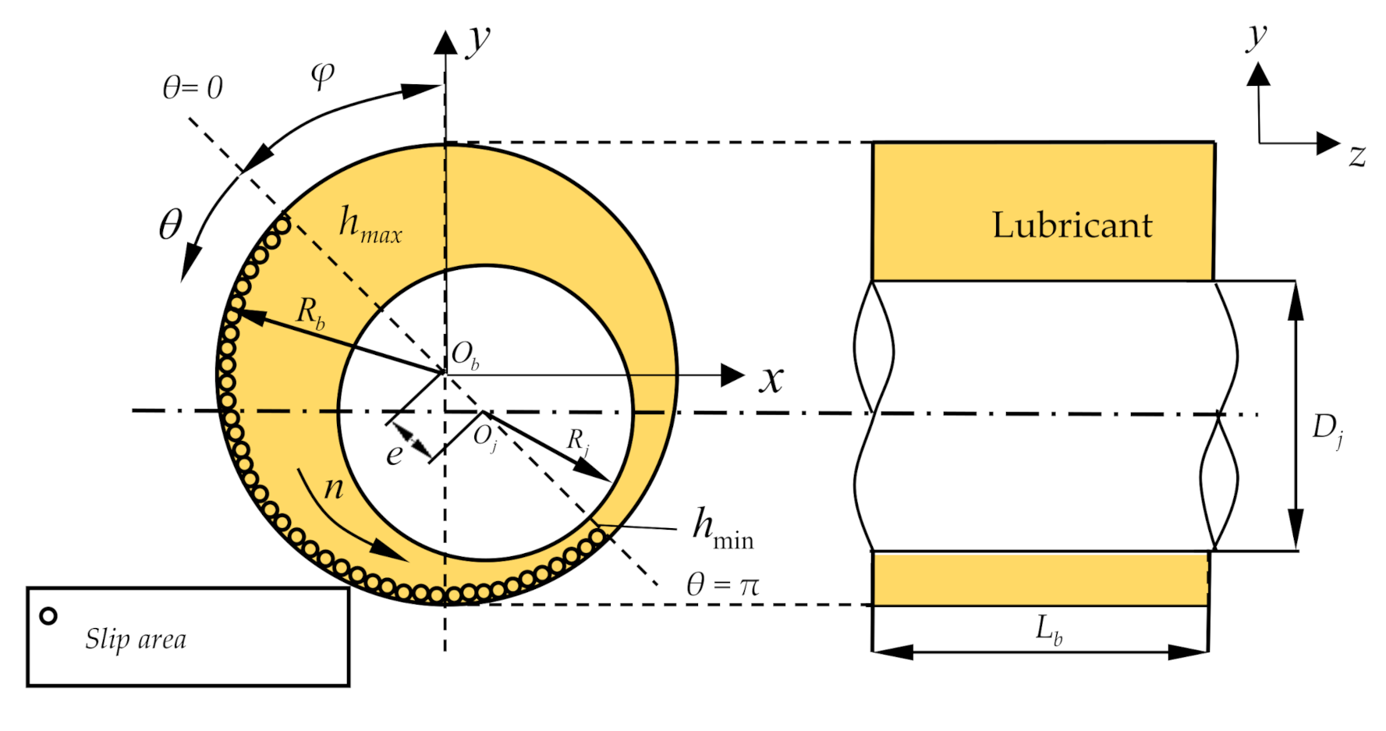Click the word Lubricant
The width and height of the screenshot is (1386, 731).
(1072, 225)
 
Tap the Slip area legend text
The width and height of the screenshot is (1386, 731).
(136, 639)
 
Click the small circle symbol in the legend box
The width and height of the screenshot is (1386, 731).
(48, 616)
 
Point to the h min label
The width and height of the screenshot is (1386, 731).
(722, 529)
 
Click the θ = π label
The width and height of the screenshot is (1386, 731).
(722, 584)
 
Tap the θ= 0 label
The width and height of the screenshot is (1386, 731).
(192, 87)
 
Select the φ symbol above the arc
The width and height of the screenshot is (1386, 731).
(322, 75)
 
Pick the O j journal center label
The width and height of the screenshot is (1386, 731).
(484, 438)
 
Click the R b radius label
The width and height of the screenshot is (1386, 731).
(310, 314)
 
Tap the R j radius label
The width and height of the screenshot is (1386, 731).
(577, 442)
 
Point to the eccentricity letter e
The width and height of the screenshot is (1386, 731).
(395, 454)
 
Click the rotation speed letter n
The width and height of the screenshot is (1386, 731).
(334, 488)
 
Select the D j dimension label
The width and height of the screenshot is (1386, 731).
(1327, 429)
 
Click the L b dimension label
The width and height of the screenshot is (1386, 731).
(1047, 629)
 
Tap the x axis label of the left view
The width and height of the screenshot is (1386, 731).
(771, 380)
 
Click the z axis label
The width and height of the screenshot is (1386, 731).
(1357, 156)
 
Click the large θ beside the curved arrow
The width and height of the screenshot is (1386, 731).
(170, 225)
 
